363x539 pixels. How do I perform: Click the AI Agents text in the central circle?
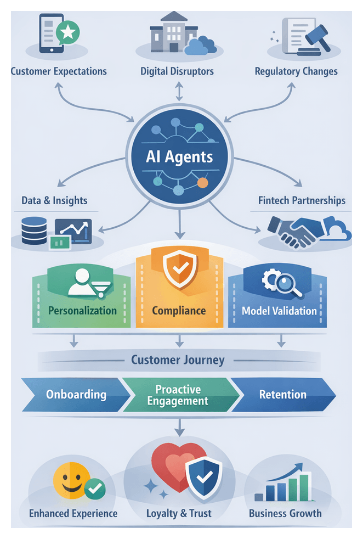click(179, 157)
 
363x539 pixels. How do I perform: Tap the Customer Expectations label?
click(59, 71)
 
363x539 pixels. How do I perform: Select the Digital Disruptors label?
click(177, 71)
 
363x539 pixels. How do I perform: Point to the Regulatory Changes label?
click(296, 71)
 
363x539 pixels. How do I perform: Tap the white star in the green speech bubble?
click(67, 32)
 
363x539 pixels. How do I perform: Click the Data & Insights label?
click(54, 200)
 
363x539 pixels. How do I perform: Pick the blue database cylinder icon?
click(34, 231)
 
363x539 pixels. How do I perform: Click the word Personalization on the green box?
click(82, 311)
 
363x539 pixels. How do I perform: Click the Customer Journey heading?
click(178, 360)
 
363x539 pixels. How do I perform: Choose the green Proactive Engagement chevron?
click(178, 395)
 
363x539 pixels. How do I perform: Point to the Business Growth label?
click(285, 514)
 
